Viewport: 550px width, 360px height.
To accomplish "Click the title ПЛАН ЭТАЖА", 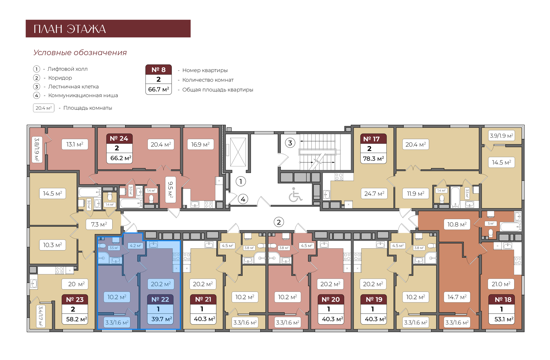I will tap(70, 29).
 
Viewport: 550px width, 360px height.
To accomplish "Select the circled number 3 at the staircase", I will tap(290, 143).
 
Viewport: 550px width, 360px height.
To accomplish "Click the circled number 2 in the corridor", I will tap(279, 222).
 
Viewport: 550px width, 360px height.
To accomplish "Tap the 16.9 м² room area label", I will tap(200, 145).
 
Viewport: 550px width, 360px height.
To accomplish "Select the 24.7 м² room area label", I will tap(374, 194).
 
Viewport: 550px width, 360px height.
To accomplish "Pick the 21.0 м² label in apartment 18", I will tap(501, 284).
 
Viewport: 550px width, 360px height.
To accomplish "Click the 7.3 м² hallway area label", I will tap(99, 224).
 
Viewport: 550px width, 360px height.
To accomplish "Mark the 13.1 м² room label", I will tap(75, 144).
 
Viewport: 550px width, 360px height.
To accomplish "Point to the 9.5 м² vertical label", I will tap(170, 190).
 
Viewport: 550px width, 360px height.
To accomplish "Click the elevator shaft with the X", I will tap(238, 152).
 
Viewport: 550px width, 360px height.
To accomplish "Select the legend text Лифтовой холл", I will tap(67, 69).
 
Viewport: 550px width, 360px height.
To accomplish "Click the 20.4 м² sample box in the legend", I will tap(44, 108).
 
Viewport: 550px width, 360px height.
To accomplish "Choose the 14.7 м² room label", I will tap(457, 297).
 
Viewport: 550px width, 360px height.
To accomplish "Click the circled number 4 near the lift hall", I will tap(243, 199).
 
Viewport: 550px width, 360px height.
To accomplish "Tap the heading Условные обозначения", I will tap(80, 53).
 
